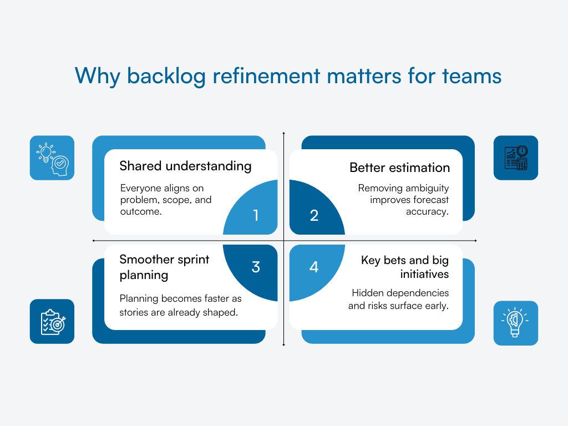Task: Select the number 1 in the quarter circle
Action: coord(256,215)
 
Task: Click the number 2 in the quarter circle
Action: coord(314,215)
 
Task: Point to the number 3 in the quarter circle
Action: coord(256,267)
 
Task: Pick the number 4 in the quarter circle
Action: coord(314,267)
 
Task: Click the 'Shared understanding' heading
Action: coord(185,166)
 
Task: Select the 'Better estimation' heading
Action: coord(399,168)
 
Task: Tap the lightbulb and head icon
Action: coord(52,158)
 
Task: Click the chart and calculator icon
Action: coord(516,158)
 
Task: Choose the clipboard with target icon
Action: coord(52,322)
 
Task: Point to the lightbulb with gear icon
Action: coord(516,323)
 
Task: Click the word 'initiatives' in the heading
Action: coord(424,274)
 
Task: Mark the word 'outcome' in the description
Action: coord(141,211)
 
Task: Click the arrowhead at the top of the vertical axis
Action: coord(283,134)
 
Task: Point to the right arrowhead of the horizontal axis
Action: coord(475,241)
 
